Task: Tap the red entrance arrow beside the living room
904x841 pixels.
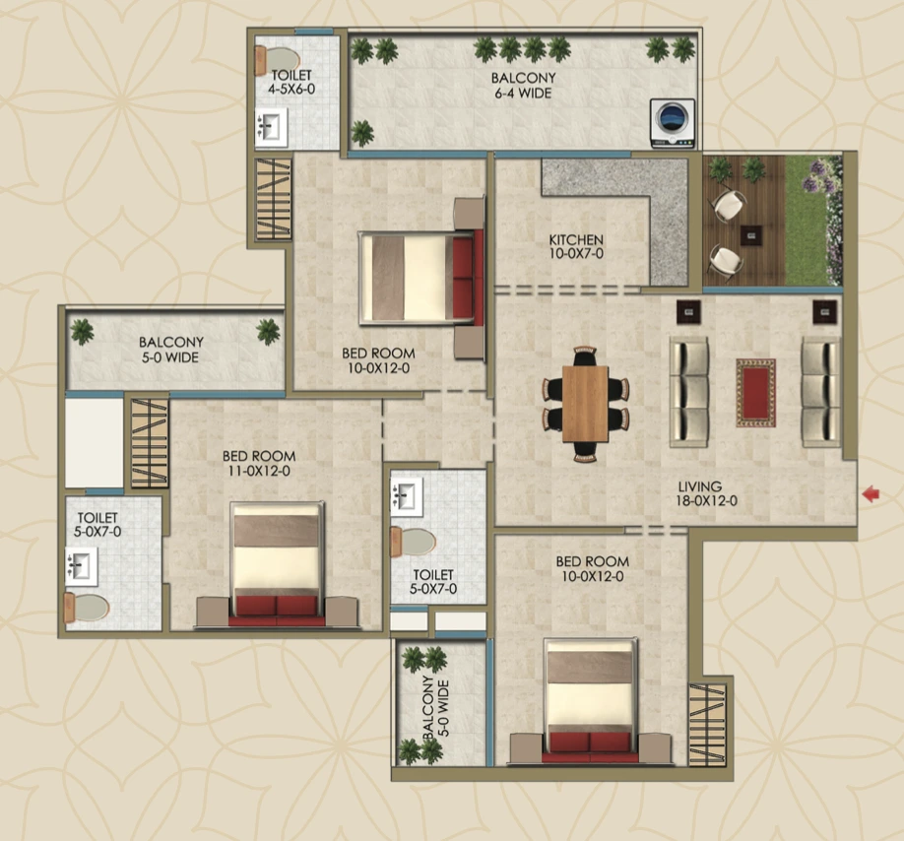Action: coord(870,494)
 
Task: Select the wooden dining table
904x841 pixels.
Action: coord(586,404)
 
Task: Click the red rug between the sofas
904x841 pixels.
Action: coord(755,393)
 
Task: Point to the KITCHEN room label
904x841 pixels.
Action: coord(576,247)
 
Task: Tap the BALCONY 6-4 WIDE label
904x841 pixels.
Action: coord(523,86)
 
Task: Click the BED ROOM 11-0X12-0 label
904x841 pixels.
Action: coord(258,464)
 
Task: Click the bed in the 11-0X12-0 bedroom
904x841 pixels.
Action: coord(277,561)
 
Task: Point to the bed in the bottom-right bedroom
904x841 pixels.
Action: coord(590,699)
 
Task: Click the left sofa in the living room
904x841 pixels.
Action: coord(688,392)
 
